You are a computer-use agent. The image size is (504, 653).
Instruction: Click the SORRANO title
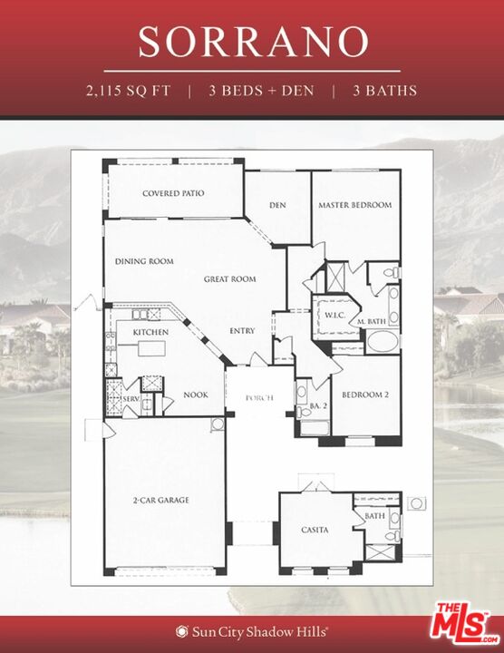(253, 42)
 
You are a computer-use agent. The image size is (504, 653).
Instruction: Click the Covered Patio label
(173, 193)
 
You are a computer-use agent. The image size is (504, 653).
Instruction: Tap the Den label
(277, 205)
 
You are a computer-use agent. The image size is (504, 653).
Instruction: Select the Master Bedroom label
(354, 205)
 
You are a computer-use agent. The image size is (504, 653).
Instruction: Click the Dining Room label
(144, 261)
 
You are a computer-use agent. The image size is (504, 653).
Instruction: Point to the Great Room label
(229, 279)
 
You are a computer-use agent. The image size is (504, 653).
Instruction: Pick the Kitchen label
(150, 333)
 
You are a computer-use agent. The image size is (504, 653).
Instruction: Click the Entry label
(242, 330)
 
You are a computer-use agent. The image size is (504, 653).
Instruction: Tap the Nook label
(196, 395)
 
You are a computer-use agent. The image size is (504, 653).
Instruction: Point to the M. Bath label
(373, 322)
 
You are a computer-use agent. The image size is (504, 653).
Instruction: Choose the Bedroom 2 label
(365, 395)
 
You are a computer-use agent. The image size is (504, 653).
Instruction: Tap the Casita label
(315, 530)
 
